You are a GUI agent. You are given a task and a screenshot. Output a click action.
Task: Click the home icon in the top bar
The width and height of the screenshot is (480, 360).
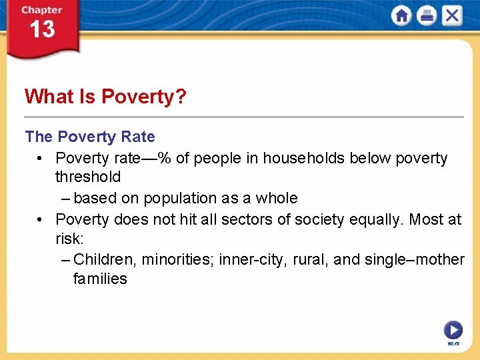[402, 16]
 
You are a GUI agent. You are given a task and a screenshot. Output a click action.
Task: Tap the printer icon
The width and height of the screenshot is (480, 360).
[427, 16]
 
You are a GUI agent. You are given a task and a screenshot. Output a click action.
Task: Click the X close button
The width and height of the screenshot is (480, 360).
[451, 16]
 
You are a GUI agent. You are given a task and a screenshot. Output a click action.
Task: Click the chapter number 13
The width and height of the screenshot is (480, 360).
[41, 30]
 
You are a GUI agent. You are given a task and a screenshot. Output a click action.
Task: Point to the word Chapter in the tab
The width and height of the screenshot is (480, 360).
[41, 11]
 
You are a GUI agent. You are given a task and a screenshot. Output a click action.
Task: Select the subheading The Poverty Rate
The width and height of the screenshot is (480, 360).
[90, 137]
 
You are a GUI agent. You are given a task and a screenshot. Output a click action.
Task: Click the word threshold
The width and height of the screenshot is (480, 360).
[88, 177]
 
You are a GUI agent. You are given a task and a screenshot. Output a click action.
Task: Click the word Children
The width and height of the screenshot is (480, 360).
[101, 259]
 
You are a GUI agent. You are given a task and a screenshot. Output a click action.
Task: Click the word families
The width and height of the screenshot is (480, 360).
[100, 279]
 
